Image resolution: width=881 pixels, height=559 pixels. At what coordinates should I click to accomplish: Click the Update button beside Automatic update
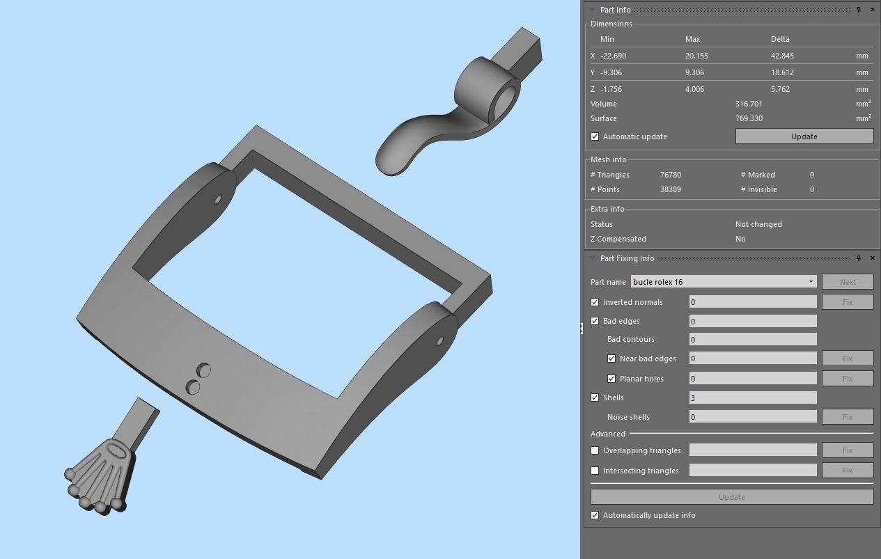(x=804, y=136)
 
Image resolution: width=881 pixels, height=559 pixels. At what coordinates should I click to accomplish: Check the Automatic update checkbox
(x=595, y=136)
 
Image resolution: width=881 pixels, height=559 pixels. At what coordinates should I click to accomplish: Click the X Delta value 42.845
(x=782, y=56)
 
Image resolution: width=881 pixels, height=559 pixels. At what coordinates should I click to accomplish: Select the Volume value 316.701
(x=749, y=104)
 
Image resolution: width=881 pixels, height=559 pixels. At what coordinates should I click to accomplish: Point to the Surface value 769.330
(x=749, y=118)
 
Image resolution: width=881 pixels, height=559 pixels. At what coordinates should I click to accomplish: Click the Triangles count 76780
(x=670, y=175)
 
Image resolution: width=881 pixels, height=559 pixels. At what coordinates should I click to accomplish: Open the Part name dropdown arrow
(x=811, y=282)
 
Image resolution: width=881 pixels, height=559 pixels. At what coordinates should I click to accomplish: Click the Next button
(x=847, y=282)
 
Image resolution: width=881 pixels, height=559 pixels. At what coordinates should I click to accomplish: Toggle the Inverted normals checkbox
(x=595, y=302)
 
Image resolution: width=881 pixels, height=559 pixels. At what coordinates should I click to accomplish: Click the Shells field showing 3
(x=752, y=397)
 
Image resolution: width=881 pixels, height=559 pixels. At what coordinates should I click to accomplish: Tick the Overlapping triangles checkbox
(x=595, y=450)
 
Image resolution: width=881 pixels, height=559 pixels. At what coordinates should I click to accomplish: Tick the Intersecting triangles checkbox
(x=595, y=471)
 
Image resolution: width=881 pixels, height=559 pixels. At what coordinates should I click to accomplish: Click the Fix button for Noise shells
(x=847, y=417)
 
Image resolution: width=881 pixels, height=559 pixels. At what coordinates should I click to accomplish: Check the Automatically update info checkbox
(x=595, y=515)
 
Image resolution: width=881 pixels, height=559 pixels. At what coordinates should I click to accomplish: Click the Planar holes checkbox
(x=611, y=379)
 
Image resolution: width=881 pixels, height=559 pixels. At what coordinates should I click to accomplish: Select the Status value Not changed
(x=758, y=224)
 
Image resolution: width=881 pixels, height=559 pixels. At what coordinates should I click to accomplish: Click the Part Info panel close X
(x=873, y=10)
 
